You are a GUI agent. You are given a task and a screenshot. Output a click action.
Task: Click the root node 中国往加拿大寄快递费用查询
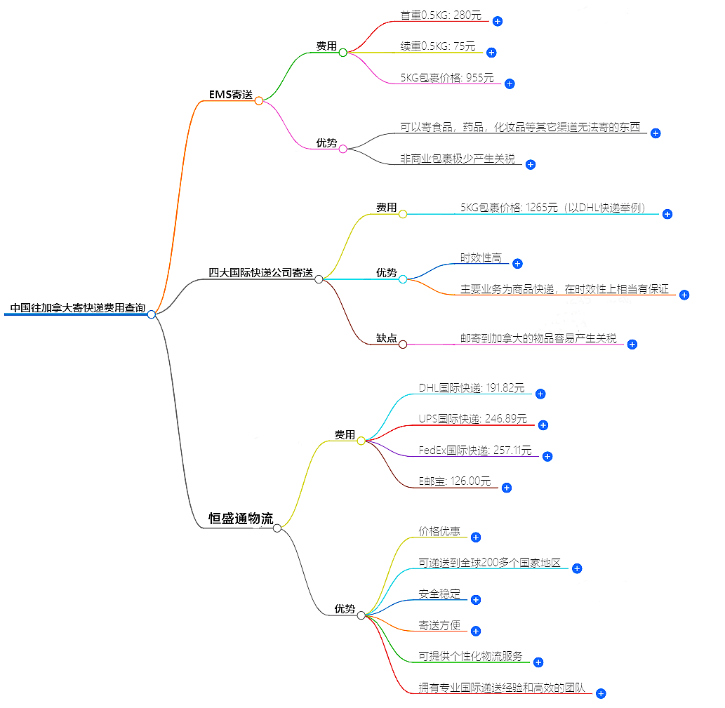[x=78, y=308]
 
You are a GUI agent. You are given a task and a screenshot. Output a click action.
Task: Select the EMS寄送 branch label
[x=230, y=94]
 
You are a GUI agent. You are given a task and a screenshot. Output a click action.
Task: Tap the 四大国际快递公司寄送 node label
[x=260, y=273]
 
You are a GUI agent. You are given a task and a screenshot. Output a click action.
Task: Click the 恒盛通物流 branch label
[x=241, y=519]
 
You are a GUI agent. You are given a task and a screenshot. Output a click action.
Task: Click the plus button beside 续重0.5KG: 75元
[x=491, y=53]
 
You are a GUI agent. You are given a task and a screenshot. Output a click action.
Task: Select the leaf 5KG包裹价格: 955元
[x=447, y=78]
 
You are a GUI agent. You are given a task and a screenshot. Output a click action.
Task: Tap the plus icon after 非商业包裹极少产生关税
[x=531, y=165]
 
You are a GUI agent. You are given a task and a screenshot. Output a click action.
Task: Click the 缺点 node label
[x=386, y=338]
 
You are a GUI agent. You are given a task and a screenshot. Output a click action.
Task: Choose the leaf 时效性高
[x=481, y=258]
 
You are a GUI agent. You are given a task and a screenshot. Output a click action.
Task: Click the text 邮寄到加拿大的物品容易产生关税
[x=538, y=338]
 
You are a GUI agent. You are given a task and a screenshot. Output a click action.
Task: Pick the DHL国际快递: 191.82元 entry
[x=471, y=388]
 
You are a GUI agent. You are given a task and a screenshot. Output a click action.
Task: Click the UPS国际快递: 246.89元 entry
[x=472, y=419]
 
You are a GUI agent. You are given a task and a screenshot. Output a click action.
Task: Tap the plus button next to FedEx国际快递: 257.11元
[x=547, y=456]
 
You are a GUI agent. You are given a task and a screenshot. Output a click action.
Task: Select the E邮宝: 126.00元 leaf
[x=455, y=481]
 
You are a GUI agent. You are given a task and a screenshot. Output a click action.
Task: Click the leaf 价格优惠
[x=439, y=531]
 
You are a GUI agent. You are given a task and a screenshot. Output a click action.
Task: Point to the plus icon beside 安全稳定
[x=475, y=600]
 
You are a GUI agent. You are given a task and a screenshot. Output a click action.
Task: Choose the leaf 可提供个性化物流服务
[x=470, y=656]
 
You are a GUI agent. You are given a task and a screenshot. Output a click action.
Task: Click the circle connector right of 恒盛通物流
[x=277, y=528]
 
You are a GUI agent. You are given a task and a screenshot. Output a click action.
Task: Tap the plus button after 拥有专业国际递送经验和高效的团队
[x=601, y=693]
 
